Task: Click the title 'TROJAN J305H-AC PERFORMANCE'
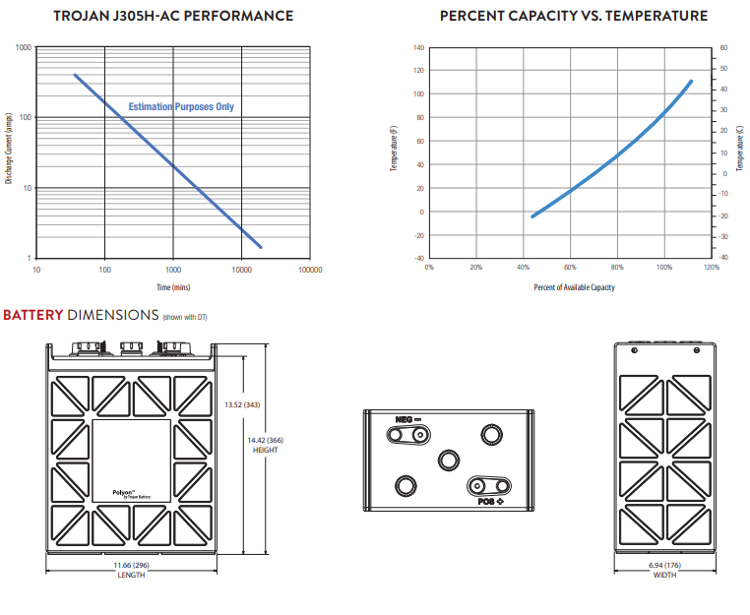click(x=173, y=16)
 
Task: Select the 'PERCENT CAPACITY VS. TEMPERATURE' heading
click(x=574, y=16)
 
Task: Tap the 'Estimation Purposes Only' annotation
click(x=181, y=106)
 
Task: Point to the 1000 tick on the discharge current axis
click(x=24, y=47)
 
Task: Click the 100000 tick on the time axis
click(x=310, y=270)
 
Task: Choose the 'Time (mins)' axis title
click(x=173, y=287)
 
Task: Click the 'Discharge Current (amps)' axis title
click(x=8, y=149)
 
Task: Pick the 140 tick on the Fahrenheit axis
click(x=418, y=47)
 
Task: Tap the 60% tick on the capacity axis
click(x=570, y=268)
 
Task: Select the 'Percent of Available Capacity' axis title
click(x=574, y=287)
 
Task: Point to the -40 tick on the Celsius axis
click(x=723, y=257)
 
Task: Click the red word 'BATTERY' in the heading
click(x=33, y=315)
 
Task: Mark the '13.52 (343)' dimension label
click(x=242, y=404)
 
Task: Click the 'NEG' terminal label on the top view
click(x=405, y=419)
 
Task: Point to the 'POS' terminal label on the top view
click(x=486, y=502)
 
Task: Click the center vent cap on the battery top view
click(x=449, y=461)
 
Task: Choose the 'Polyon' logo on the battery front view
click(x=132, y=494)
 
